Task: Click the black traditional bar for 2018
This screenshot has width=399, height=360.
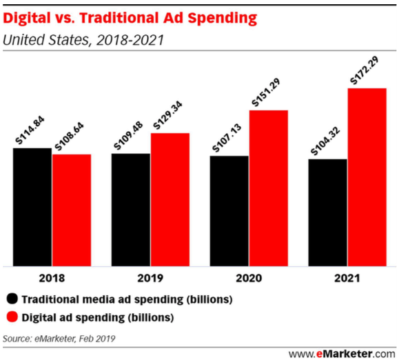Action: [32, 206]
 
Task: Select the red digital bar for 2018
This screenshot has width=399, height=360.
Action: [72, 209]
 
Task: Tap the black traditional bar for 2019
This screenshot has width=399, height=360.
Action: [130, 209]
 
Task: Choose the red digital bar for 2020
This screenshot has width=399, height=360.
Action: [269, 187]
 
